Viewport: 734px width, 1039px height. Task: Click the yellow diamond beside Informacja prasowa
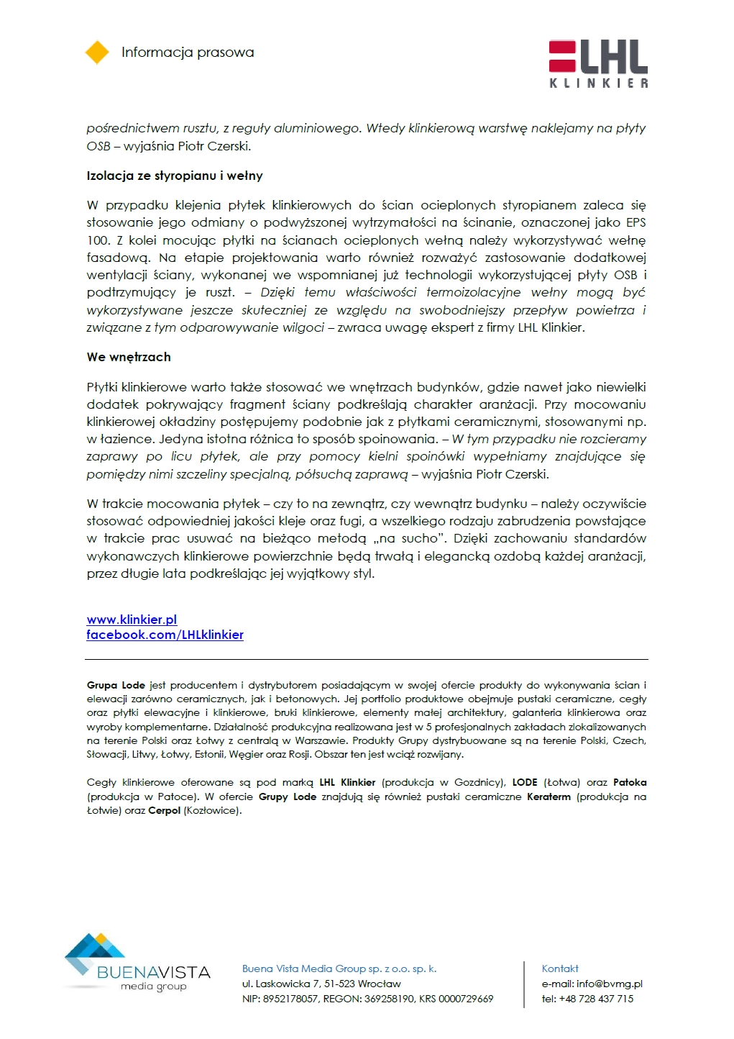pos(97,53)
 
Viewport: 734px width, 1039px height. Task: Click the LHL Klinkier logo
pos(598,64)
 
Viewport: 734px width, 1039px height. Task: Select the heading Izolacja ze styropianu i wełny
pos(175,176)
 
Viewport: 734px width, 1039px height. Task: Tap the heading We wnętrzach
pos(129,357)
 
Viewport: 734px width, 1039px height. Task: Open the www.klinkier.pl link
pos(132,620)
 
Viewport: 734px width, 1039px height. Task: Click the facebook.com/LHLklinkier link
pos(165,635)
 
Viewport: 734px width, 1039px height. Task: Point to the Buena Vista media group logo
pos(137,963)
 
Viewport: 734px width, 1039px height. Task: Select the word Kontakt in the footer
pos(560,968)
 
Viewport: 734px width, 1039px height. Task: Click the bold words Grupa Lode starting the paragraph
pos(116,685)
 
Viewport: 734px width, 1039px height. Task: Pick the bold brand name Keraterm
pos(549,797)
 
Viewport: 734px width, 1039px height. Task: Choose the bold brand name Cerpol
pos(164,810)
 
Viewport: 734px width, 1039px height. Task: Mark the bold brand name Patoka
pos(630,782)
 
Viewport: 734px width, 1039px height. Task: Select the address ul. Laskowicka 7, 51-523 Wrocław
pos(321,984)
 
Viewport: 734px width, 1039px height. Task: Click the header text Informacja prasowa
pos(188,53)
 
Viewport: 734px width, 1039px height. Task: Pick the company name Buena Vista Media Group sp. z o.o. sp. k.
pos(339,968)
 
